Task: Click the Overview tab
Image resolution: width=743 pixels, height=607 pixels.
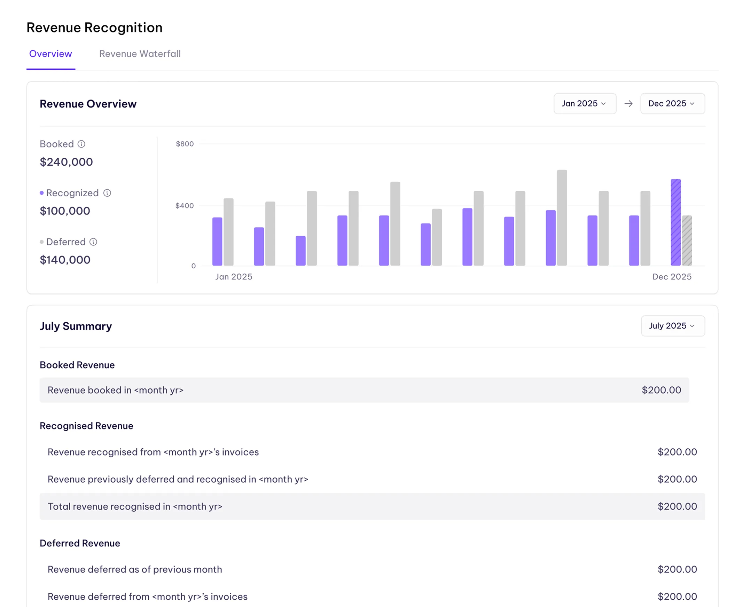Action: [50, 54]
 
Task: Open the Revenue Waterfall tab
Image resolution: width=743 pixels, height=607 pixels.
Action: [140, 54]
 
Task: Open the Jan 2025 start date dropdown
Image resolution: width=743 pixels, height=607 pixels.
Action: [585, 103]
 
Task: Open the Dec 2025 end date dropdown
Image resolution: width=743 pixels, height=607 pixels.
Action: [672, 103]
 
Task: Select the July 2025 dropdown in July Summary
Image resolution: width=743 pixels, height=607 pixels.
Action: [672, 326]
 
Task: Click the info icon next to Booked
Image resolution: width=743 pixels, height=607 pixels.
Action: [81, 144]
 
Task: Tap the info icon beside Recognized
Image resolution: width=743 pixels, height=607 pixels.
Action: [107, 193]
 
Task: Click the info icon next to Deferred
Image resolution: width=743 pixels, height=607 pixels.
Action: [93, 242]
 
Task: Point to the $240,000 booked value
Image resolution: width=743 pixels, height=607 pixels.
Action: [66, 162]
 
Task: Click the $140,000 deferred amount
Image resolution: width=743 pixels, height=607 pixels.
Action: [65, 260]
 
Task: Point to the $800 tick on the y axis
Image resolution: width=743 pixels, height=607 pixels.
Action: [184, 144]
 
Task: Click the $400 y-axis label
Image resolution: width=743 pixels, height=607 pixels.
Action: [184, 206]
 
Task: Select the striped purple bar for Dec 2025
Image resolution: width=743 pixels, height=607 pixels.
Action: [675, 222]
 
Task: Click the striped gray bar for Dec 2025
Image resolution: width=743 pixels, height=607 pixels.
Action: [687, 241]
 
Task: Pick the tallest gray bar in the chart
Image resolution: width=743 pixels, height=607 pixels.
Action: [562, 218]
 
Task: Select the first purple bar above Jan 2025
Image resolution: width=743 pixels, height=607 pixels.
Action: [217, 241]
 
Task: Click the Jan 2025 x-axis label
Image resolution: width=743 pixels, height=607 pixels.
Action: [234, 277]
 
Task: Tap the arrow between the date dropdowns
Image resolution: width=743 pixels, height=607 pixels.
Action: [628, 103]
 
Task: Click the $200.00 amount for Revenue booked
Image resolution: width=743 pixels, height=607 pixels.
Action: [661, 390]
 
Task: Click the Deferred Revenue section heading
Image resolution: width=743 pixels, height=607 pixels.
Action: [80, 543]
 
